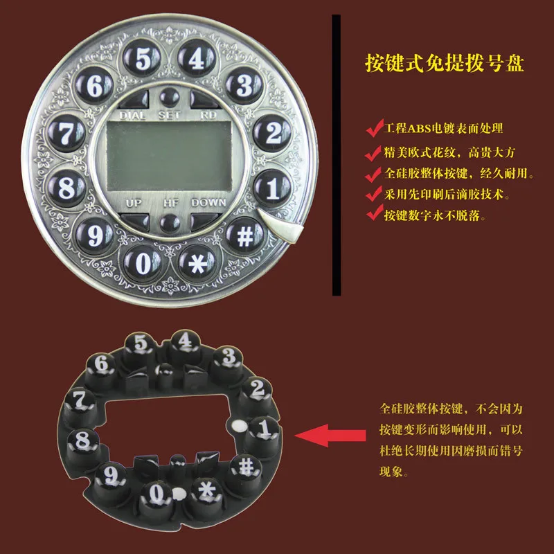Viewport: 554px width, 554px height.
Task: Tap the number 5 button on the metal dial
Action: click(142, 58)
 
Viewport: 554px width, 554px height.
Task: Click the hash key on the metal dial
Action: click(245, 235)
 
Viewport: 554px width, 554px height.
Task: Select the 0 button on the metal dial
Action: click(143, 263)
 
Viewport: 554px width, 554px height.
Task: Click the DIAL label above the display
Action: click(132, 115)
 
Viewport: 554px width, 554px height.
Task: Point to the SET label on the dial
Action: click(169, 115)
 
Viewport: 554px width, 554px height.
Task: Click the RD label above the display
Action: click(208, 115)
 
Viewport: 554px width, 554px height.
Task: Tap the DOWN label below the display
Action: click(208, 202)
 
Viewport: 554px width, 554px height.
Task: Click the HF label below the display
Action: click(171, 203)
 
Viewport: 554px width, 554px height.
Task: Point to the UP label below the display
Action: click(134, 203)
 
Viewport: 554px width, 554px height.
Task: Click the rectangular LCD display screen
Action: click(169, 157)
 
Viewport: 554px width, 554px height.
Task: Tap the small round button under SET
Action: click(170, 96)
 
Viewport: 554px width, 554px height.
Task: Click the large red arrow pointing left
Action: click(330, 436)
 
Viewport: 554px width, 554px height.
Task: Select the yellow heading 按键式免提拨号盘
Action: click(444, 63)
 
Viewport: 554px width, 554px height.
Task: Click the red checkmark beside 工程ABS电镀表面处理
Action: click(375, 128)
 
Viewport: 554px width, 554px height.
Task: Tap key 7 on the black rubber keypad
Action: click(80, 402)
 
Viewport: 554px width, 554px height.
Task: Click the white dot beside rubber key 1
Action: click(240, 425)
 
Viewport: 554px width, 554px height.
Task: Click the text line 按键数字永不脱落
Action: click(435, 215)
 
